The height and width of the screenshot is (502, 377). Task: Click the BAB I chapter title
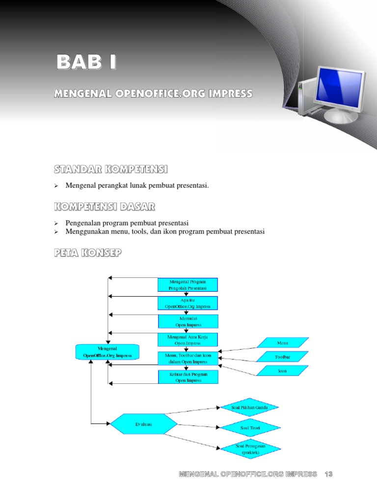[x=86, y=63]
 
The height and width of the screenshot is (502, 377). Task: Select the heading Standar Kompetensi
[x=110, y=170]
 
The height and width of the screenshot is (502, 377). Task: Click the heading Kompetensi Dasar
[x=105, y=207]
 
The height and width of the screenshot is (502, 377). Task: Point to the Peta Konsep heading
[x=88, y=253]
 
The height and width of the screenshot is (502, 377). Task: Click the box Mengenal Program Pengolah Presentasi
[x=188, y=285]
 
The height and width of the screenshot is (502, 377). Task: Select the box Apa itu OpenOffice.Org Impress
[x=188, y=303]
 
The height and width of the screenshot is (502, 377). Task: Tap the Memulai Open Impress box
[x=188, y=321]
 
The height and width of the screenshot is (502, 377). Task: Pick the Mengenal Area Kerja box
[x=188, y=340]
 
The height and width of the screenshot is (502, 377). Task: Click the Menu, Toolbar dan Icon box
[x=188, y=358]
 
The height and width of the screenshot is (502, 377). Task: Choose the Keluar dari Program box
[x=188, y=377]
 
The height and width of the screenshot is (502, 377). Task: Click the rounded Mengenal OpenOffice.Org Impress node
[x=107, y=352]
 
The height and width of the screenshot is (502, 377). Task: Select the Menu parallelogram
[x=282, y=343]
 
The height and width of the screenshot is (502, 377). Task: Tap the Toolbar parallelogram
[x=282, y=357]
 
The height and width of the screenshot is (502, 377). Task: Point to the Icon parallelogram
[x=282, y=371]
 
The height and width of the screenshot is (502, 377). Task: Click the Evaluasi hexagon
[x=144, y=424]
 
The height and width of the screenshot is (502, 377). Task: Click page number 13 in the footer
[x=328, y=474]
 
